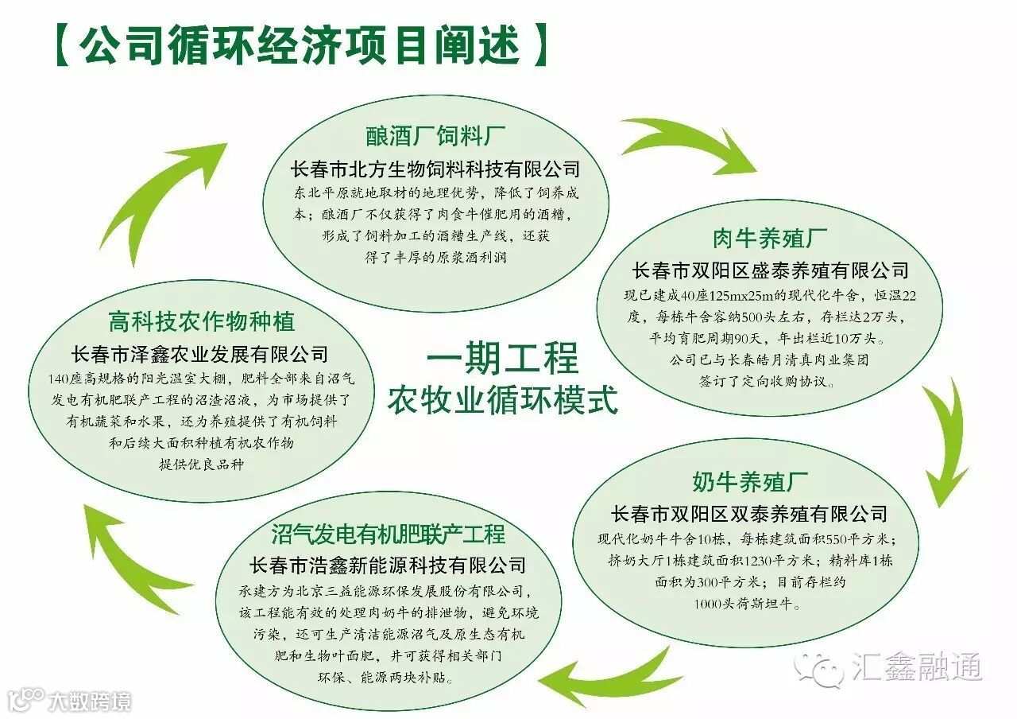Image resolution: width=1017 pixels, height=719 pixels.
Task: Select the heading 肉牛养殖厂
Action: click(x=769, y=238)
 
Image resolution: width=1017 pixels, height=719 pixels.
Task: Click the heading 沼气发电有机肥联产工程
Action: click(x=388, y=532)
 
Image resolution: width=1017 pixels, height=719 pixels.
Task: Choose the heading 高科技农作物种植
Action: click(x=201, y=321)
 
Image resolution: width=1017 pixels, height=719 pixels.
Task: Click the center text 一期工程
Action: click(x=502, y=359)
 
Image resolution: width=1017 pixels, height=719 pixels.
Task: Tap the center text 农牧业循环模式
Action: click(x=502, y=400)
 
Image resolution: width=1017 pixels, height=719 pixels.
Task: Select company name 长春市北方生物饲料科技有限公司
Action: click(x=435, y=169)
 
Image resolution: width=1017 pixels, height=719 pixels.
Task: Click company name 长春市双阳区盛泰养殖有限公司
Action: click(x=769, y=270)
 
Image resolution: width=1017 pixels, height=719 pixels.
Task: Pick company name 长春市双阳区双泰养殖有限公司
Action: click(x=749, y=513)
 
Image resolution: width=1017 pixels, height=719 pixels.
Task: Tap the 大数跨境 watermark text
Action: click(x=87, y=701)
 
